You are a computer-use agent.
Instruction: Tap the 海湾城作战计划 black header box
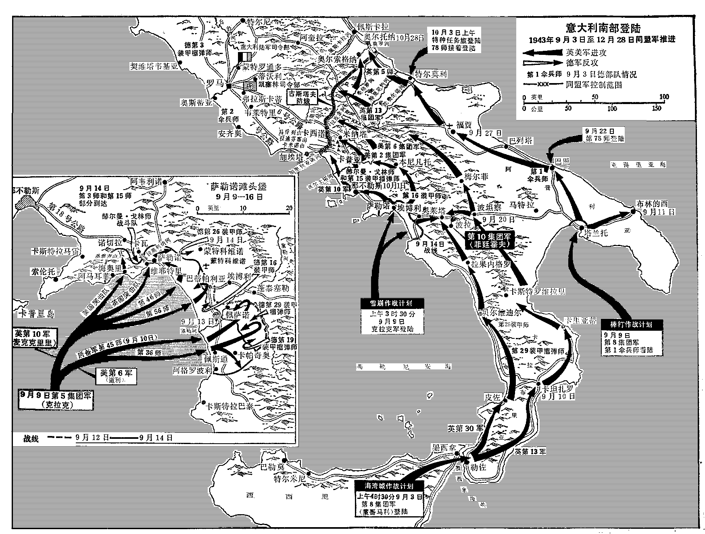point(389,486)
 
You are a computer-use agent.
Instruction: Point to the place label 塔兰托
point(592,233)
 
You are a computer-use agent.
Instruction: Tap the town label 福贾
point(464,125)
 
